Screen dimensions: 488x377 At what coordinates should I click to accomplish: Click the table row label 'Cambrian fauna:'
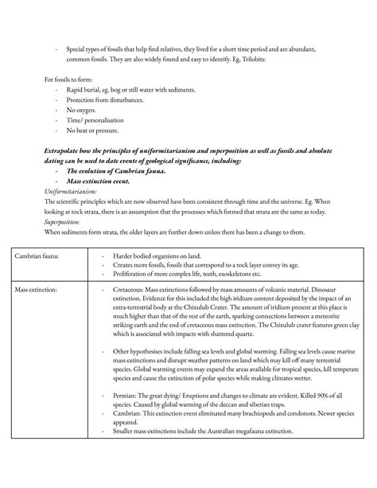(x=43, y=256)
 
